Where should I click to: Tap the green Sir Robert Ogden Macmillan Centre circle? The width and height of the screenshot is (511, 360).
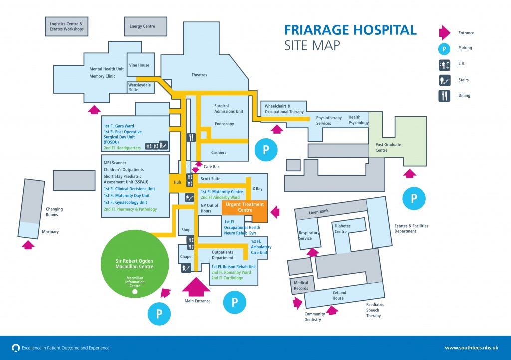[x=134, y=263]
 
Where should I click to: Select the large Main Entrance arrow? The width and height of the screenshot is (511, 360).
[x=197, y=286]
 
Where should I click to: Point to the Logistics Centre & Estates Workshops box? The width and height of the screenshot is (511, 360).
[x=67, y=26]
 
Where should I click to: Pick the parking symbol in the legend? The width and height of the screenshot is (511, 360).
[x=444, y=48]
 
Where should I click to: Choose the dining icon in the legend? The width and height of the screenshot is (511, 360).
[x=444, y=95]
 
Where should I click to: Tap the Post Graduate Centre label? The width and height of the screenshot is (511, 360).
[x=388, y=147]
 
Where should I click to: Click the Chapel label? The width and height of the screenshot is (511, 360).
[x=186, y=257]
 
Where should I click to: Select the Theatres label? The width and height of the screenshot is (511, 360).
[x=199, y=75]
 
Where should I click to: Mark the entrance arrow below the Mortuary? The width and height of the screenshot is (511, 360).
[x=29, y=245]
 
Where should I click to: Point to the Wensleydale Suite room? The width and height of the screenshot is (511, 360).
[x=140, y=87]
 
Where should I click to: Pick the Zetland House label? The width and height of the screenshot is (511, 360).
[x=338, y=295]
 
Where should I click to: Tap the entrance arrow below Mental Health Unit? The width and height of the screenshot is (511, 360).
[x=94, y=109]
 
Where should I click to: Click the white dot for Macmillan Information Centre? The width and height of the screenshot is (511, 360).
[x=134, y=291]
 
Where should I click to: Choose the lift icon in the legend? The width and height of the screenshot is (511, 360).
[x=444, y=64]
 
